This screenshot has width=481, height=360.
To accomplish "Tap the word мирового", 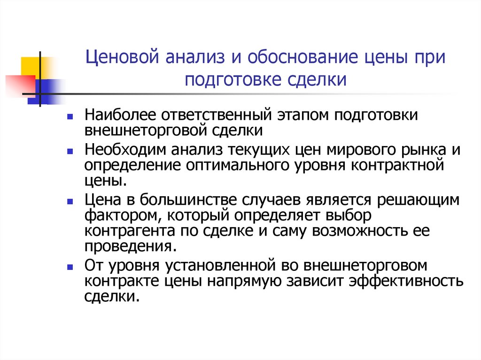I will tap(358, 151).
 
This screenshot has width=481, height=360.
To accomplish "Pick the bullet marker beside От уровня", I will tap(70, 267).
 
